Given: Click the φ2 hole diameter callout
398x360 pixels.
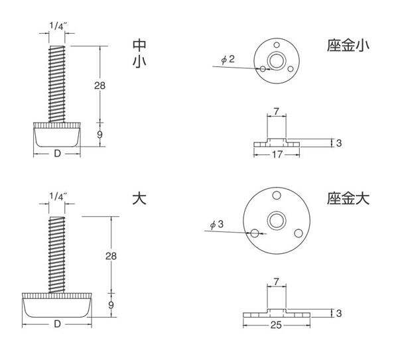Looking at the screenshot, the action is pyautogui.click(x=228, y=60).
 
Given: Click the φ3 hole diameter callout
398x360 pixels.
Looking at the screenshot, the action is pyautogui.click(x=217, y=224).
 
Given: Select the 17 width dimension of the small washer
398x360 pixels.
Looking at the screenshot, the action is pyautogui.click(x=277, y=154).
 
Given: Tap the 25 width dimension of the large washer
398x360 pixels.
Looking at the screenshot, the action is pyautogui.click(x=277, y=325).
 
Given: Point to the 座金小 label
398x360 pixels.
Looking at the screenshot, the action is pyautogui.click(x=348, y=45).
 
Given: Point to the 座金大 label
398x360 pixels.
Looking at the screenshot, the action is pyautogui.click(x=348, y=198).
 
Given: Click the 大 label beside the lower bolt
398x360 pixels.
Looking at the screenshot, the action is pyautogui.click(x=139, y=198).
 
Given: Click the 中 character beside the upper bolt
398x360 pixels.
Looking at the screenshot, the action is pyautogui.click(x=139, y=44).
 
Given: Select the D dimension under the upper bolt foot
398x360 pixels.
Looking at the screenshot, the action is pyautogui.click(x=57, y=154).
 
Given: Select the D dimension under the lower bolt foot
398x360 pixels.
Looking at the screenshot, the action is pyautogui.click(x=57, y=324).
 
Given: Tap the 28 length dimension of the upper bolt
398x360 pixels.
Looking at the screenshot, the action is pyautogui.click(x=99, y=86).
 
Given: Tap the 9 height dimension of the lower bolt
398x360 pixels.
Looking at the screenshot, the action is pyautogui.click(x=111, y=305).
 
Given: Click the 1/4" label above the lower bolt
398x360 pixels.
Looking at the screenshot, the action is pyautogui.click(x=58, y=196).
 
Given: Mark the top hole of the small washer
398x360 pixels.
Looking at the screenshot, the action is pyautogui.click(x=277, y=45).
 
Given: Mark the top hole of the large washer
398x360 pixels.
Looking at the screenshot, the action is pyautogui.click(x=277, y=196).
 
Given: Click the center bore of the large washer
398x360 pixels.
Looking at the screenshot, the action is pyautogui.click(x=277, y=221).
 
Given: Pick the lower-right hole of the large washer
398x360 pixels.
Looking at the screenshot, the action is pyautogui.click(x=298, y=233).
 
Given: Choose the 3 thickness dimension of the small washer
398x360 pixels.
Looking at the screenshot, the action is pyautogui.click(x=339, y=143).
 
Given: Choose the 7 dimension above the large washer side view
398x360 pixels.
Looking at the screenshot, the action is pyautogui.click(x=277, y=282).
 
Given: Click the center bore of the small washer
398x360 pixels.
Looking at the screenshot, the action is pyautogui.click(x=277, y=60).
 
